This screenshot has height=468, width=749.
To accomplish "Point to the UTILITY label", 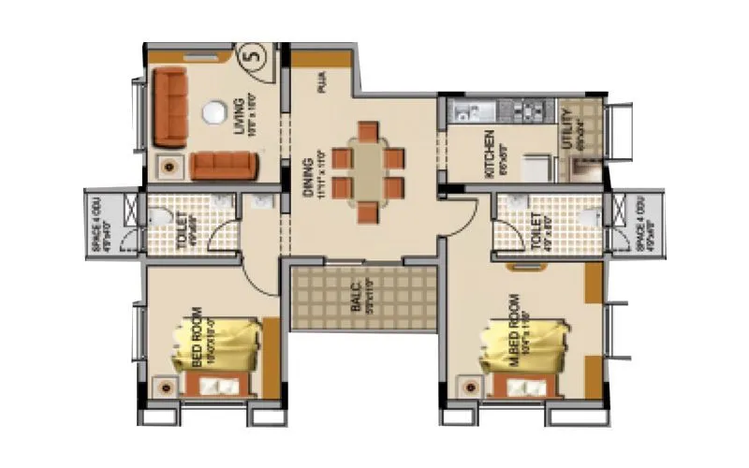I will (566, 128).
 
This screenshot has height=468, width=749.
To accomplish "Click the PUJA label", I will (321, 86).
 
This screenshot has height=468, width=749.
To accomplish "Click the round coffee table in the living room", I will (214, 111).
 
